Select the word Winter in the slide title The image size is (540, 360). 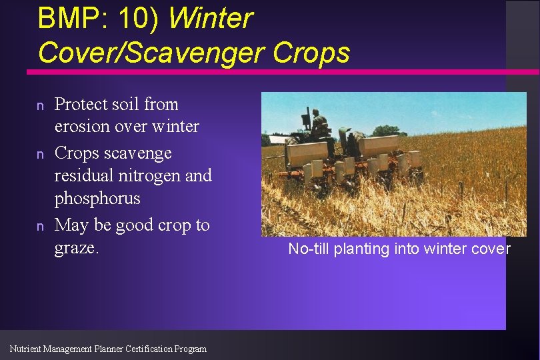point(211,18)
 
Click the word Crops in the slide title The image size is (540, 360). point(313,52)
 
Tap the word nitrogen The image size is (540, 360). point(145,175)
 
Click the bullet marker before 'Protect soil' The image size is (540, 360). point(41,105)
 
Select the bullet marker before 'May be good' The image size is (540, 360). point(41,226)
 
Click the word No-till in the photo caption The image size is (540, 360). point(309,249)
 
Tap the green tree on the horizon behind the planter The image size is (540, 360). point(385,131)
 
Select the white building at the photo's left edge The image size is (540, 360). point(265,140)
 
